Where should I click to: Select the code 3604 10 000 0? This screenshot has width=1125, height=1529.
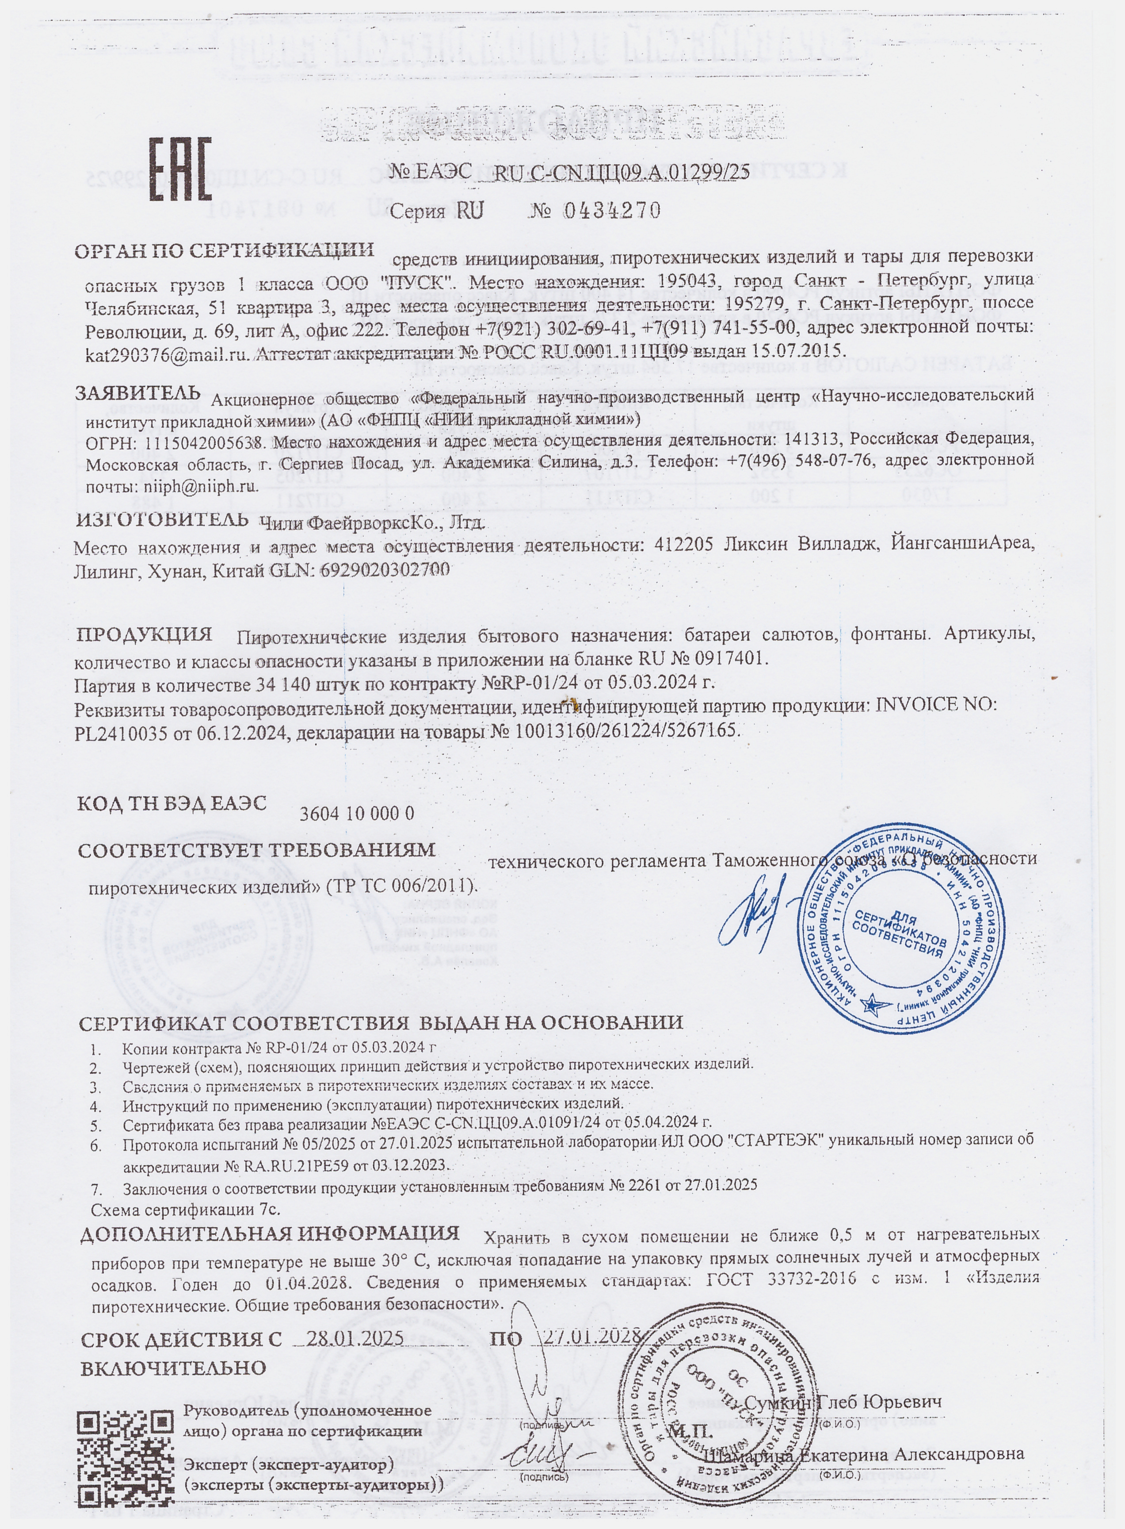point(357,813)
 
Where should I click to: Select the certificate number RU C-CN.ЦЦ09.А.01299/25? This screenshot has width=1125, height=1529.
point(620,173)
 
